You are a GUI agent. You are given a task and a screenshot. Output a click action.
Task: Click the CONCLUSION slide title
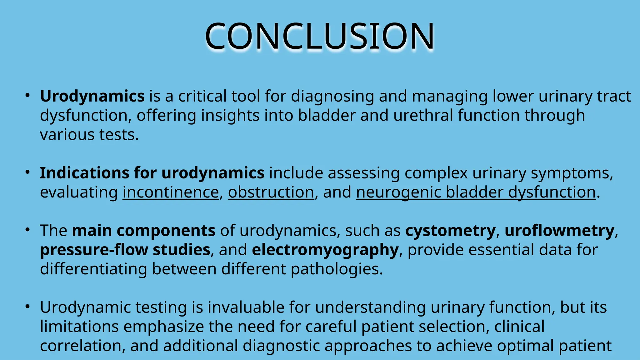(319, 36)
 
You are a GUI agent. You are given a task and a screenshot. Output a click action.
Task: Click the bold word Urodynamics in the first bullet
(92, 96)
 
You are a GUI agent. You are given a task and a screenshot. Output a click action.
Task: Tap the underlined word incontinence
(171, 192)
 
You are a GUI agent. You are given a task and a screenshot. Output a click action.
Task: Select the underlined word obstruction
(271, 192)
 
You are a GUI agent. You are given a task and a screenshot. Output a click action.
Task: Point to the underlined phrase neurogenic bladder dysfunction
(476, 192)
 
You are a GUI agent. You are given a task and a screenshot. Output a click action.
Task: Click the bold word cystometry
(450, 231)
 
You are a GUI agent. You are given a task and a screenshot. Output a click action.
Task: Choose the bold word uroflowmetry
(559, 231)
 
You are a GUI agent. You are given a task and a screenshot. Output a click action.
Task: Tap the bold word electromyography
(325, 250)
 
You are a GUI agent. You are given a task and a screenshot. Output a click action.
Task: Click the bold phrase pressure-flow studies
(125, 250)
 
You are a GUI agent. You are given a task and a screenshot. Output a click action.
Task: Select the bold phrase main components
(143, 231)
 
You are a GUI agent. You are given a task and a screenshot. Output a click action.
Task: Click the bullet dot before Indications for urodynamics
(27, 172)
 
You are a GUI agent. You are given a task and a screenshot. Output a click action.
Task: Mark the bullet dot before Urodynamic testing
(27, 307)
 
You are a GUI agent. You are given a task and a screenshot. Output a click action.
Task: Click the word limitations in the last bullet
(79, 327)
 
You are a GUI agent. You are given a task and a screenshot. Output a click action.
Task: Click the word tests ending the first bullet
(119, 135)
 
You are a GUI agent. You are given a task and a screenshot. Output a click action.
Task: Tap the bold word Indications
(84, 173)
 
